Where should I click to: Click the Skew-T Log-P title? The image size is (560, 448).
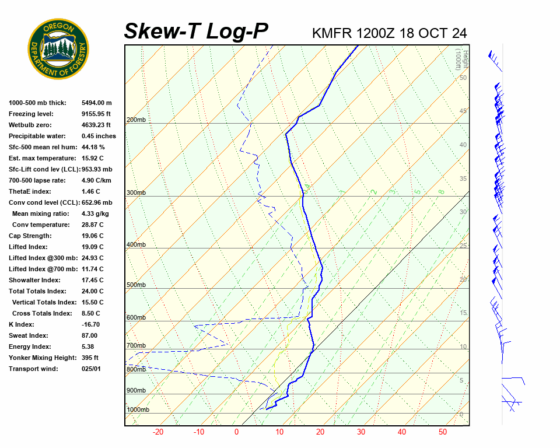(196, 32)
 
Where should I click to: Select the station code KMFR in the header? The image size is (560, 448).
(332, 33)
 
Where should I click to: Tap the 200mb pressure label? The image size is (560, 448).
(136, 120)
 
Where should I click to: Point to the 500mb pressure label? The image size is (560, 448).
(136, 285)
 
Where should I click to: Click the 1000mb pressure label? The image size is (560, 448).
(138, 410)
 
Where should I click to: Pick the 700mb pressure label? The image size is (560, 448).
(136, 346)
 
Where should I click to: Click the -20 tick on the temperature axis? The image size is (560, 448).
(158, 432)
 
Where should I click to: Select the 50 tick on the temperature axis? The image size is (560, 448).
(443, 432)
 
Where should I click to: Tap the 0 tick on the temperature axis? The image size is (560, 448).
(237, 432)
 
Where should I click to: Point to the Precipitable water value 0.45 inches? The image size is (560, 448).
(99, 136)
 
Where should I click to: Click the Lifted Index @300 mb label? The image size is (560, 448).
(39, 258)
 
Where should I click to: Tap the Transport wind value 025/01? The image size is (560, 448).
(91, 369)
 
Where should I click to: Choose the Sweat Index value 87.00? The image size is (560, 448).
(89, 335)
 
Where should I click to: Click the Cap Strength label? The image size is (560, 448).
(30, 236)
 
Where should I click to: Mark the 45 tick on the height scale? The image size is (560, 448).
(463, 111)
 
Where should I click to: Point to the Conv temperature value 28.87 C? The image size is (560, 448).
(93, 225)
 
